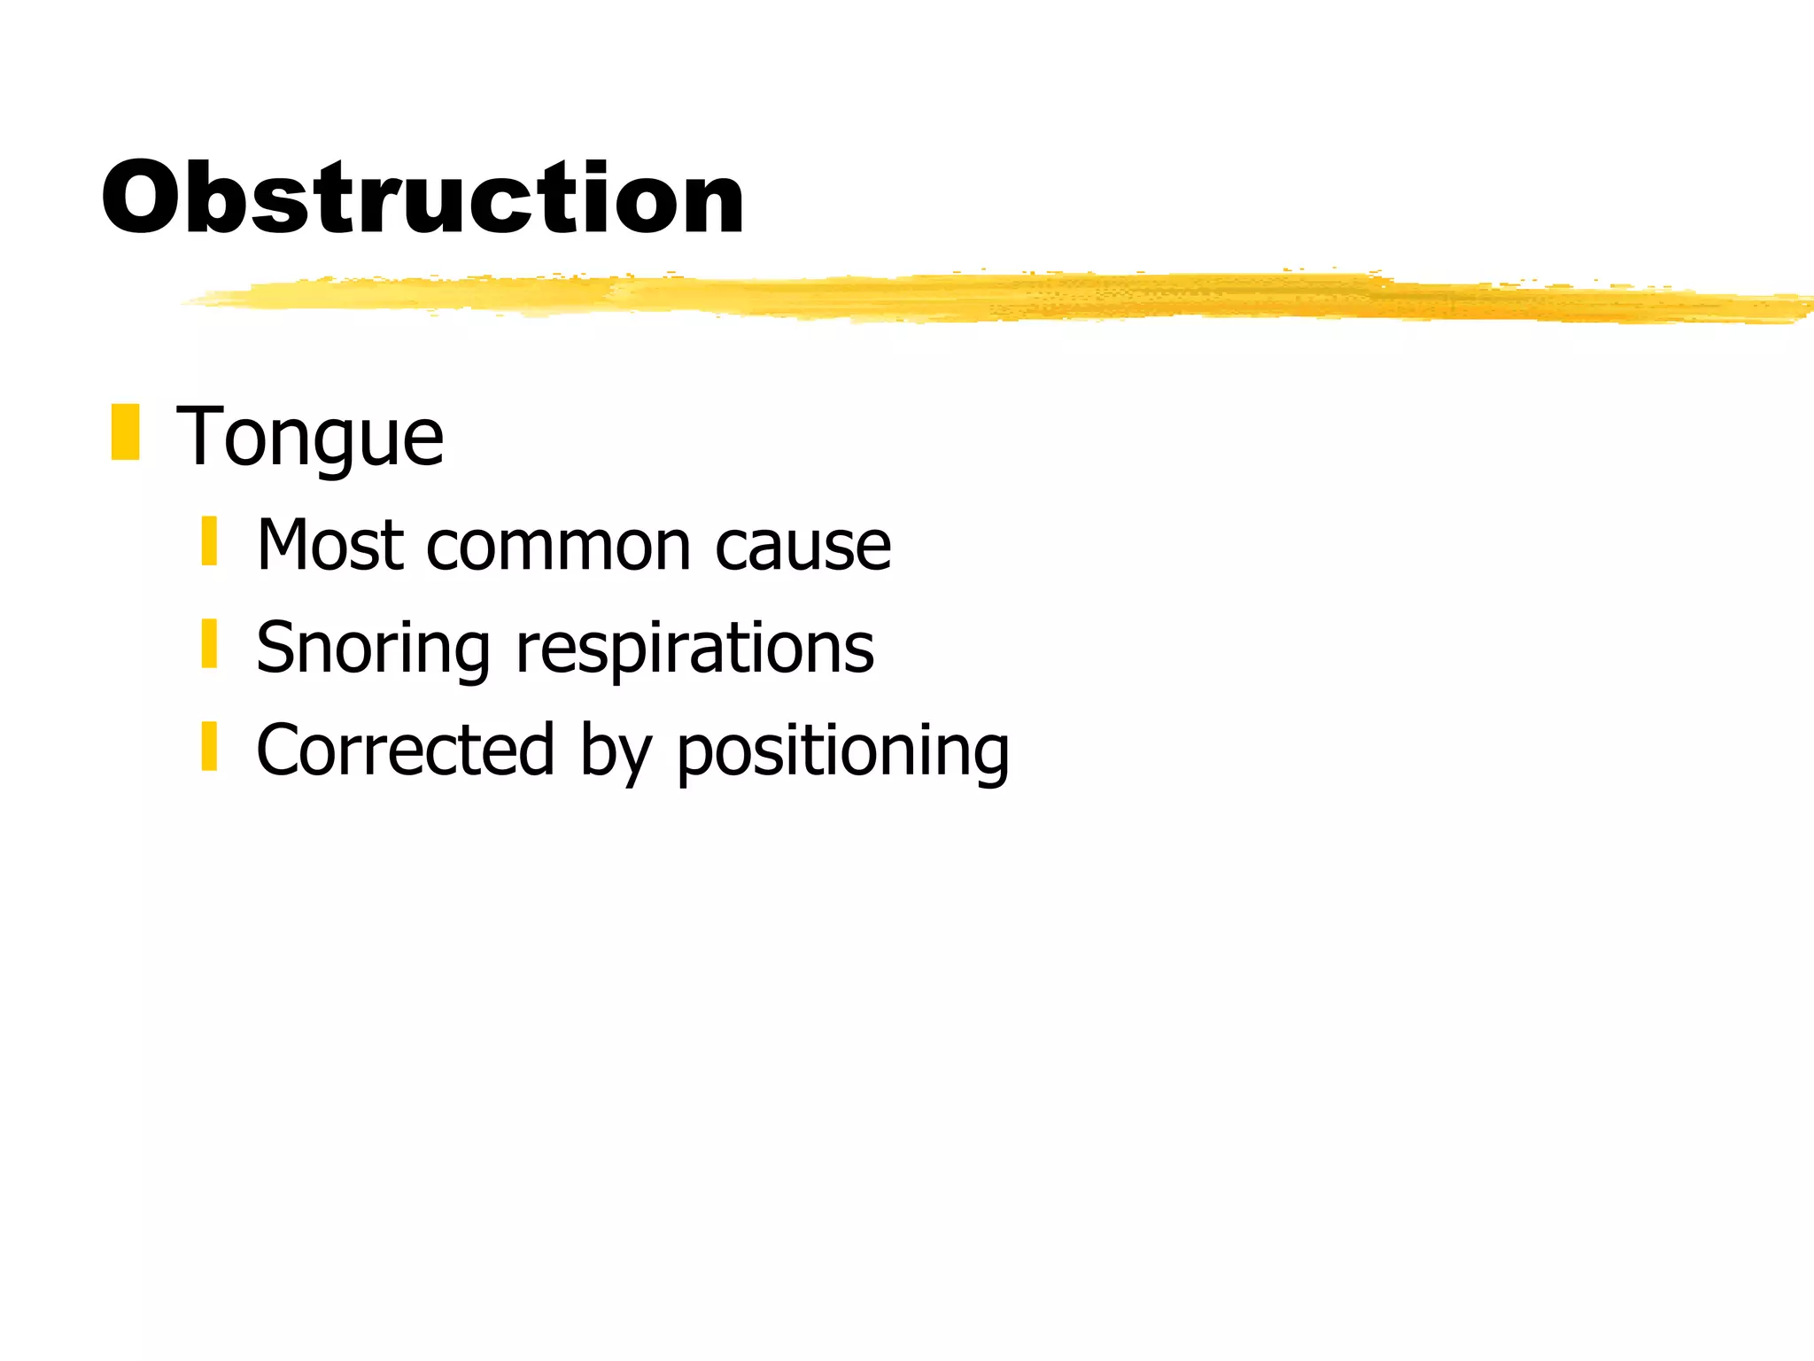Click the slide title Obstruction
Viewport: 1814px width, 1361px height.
(x=422, y=198)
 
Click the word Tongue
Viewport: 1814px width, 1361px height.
(x=310, y=438)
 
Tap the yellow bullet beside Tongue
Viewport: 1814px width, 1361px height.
(x=126, y=432)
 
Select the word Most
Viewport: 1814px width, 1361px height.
(x=331, y=545)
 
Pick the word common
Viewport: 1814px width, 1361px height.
(x=558, y=547)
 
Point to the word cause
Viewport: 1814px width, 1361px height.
(x=802, y=547)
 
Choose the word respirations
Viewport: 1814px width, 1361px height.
(x=695, y=649)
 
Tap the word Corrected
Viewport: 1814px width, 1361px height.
(x=406, y=750)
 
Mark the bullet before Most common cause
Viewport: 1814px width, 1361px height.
(x=209, y=541)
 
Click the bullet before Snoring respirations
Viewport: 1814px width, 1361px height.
(x=209, y=643)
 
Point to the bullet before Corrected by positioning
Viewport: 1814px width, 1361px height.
(x=209, y=746)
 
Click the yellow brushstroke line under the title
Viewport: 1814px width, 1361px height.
(x=974, y=296)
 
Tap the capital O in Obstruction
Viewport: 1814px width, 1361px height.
(x=144, y=198)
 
